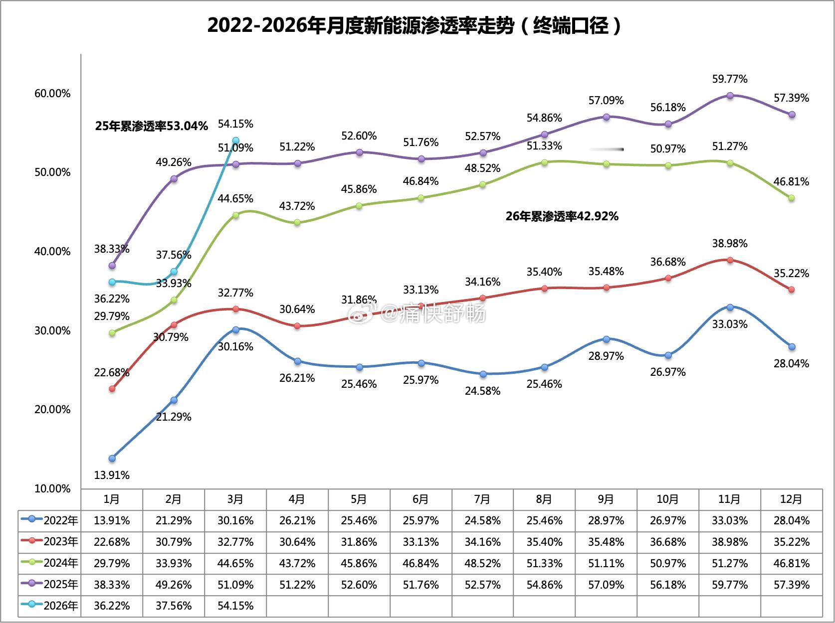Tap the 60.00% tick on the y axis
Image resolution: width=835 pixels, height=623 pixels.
[52, 94]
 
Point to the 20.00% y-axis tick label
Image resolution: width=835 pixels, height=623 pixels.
[52, 410]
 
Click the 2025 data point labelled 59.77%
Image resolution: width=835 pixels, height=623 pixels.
[730, 95]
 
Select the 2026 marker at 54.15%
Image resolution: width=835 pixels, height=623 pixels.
[235, 141]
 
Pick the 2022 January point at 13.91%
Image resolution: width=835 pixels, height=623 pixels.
[112, 458]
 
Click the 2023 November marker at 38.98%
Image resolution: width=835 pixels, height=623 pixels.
[730, 260]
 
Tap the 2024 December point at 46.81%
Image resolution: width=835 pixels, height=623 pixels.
[791, 198]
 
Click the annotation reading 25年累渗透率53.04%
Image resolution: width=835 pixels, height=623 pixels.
[151, 126]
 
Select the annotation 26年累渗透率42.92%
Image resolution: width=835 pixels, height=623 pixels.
[562, 216]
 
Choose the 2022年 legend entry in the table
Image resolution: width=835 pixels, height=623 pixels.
[50, 521]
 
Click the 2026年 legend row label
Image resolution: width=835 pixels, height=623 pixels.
[50, 606]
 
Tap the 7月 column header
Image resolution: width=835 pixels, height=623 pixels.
[482, 499]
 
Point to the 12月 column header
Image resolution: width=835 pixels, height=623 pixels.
[791, 499]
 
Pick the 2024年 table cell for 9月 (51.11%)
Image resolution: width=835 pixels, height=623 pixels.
[606, 564]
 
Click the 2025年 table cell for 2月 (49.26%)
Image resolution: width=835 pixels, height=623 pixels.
[174, 585]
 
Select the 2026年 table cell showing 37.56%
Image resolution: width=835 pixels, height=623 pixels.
[174, 606]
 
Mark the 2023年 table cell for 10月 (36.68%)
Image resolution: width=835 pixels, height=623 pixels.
[668, 542]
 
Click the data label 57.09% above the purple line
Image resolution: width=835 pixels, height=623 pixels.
[606, 101]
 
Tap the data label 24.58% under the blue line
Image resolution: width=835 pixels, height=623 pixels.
[482, 391]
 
